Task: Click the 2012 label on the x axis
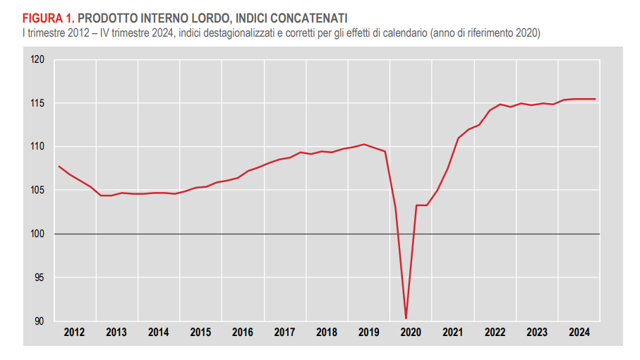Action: coord(74,332)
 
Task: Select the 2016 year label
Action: coord(243,332)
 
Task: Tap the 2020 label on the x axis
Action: coord(411,332)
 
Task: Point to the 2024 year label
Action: coord(579,332)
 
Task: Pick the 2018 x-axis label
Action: coord(327,332)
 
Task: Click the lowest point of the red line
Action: coord(406,318)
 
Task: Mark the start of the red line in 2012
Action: coord(59,166)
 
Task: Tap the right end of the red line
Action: coord(596,99)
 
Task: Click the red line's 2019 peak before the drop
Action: coord(363,144)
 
